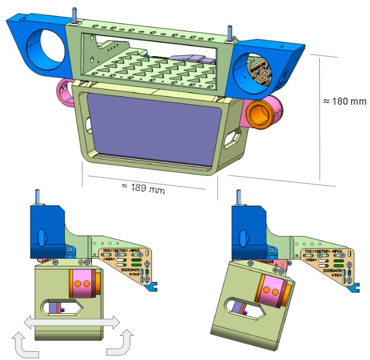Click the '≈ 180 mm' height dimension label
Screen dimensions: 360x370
pos(345,102)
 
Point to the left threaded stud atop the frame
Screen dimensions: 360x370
pos(74,14)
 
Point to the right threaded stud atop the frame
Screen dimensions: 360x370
pos(229,31)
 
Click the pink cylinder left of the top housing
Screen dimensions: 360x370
pos(65,92)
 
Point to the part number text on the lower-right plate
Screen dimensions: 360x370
pos(325,252)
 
